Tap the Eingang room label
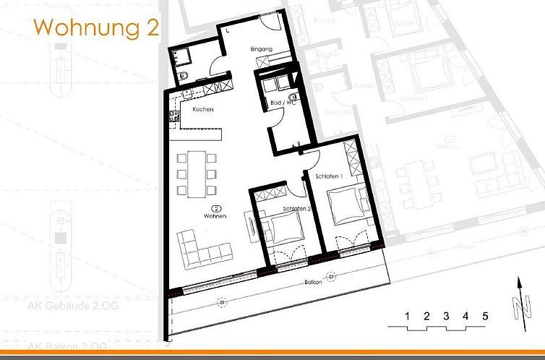[261, 49]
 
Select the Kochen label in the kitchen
[203, 109]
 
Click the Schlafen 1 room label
[328, 176]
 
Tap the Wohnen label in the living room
[215, 216]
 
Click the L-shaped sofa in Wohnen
[203, 248]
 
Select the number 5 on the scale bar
[485, 316]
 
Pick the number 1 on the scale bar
[408, 316]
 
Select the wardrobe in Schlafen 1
[352, 157]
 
